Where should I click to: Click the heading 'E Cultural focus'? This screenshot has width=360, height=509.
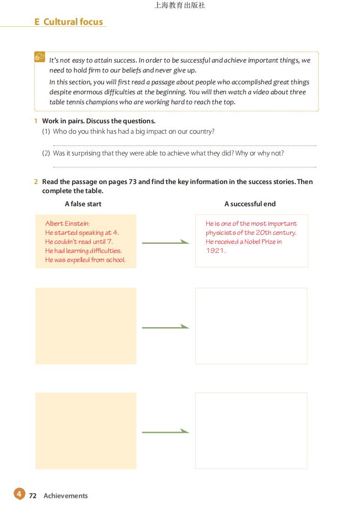click(69, 22)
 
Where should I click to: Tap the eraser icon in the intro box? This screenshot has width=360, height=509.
click(40, 58)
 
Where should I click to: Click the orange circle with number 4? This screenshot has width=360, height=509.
click(19, 494)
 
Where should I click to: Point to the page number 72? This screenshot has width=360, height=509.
click(33, 495)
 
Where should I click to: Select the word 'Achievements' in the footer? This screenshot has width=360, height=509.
click(66, 495)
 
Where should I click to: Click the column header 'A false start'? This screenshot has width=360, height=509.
click(83, 204)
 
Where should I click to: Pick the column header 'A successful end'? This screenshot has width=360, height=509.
click(250, 204)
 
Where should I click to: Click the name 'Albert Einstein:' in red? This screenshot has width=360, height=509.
click(68, 223)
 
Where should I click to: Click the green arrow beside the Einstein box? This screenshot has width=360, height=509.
click(165, 242)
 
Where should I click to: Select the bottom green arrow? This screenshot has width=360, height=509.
click(165, 431)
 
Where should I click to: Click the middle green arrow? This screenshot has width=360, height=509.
click(165, 327)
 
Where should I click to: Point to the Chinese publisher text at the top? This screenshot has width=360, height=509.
click(180, 5)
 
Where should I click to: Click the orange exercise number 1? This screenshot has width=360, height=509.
click(35, 121)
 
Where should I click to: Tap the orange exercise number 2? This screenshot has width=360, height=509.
click(35, 182)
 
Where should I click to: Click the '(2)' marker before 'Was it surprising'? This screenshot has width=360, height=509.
click(46, 153)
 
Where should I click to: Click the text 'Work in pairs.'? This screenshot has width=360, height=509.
click(63, 121)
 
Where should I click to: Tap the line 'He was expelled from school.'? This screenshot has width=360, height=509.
click(85, 260)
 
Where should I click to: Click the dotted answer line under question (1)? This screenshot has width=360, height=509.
click(185, 145)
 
